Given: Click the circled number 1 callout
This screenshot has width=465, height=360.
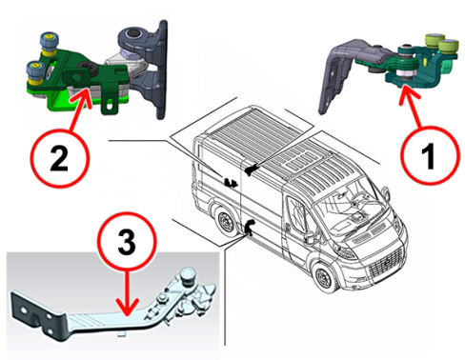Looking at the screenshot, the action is click(430, 155).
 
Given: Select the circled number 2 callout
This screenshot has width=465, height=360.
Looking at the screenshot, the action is click(60, 157).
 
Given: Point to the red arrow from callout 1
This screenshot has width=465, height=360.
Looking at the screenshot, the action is click(412, 107).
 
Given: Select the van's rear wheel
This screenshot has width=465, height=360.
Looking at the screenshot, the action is click(226, 221).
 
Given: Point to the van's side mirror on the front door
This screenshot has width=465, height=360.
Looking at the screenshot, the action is click(311, 235).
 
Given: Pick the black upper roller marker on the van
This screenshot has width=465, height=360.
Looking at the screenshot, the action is click(251, 169).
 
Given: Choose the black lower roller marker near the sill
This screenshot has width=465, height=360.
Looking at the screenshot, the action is click(249, 228).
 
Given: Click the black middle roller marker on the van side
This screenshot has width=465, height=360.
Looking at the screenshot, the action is click(231, 182).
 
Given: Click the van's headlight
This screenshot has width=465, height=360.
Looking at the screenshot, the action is click(346, 251).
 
